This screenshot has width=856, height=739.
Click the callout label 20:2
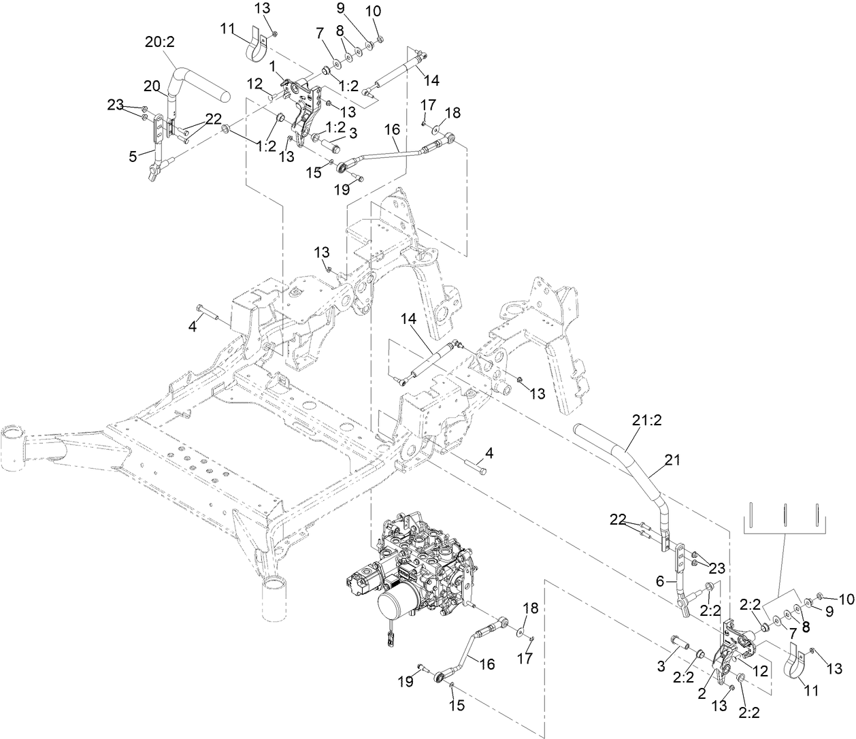[160, 41]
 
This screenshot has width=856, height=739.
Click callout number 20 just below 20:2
[151, 86]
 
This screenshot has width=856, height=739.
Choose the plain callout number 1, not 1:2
[273, 67]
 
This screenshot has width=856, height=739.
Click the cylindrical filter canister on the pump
[395, 610]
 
